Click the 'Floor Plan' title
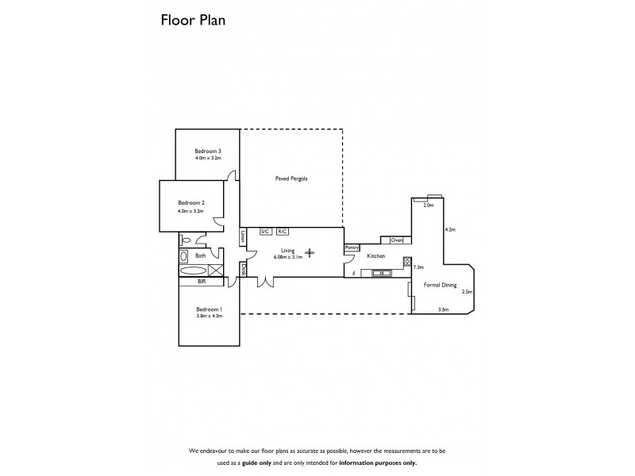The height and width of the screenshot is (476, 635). [x=194, y=21]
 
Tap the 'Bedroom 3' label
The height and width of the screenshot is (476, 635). [x=207, y=152]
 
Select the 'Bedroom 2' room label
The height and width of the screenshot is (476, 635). [x=191, y=203]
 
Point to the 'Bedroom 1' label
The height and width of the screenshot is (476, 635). [x=210, y=309]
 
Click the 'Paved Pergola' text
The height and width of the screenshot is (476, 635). [x=291, y=179]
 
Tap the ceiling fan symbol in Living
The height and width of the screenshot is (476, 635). [x=310, y=253]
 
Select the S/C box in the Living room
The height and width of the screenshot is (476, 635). [x=266, y=231]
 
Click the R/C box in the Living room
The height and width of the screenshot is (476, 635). [x=283, y=231]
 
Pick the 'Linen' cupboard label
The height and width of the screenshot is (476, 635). [x=243, y=236]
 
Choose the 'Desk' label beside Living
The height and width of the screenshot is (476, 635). [x=244, y=269]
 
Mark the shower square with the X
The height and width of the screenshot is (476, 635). [x=215, y=270]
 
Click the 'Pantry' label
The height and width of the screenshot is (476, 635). [x=352, y=248]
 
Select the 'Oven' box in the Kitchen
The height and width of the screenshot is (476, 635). [x=397, y=240]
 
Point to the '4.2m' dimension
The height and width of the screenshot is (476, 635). [x=451, y=229]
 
